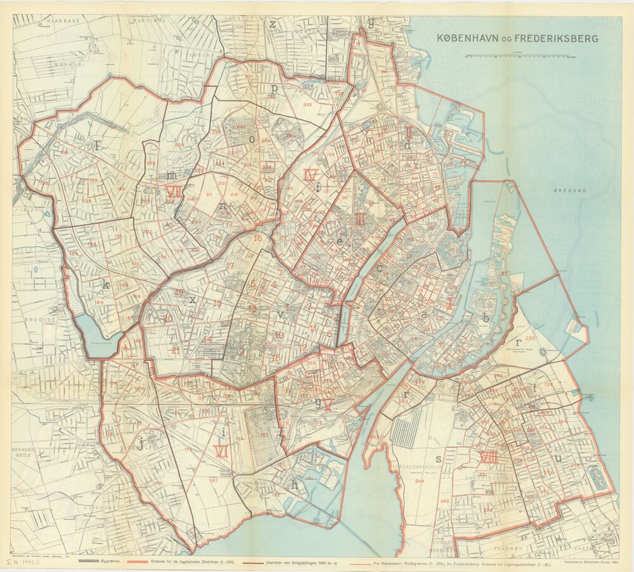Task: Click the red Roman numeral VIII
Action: pos(488,457)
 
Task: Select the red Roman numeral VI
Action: pos(222,451)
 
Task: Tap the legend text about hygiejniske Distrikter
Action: pos(190,562)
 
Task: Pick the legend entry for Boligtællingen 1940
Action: pos(304,562)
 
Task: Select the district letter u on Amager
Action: pos(557,458)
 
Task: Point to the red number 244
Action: pos(420,481)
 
